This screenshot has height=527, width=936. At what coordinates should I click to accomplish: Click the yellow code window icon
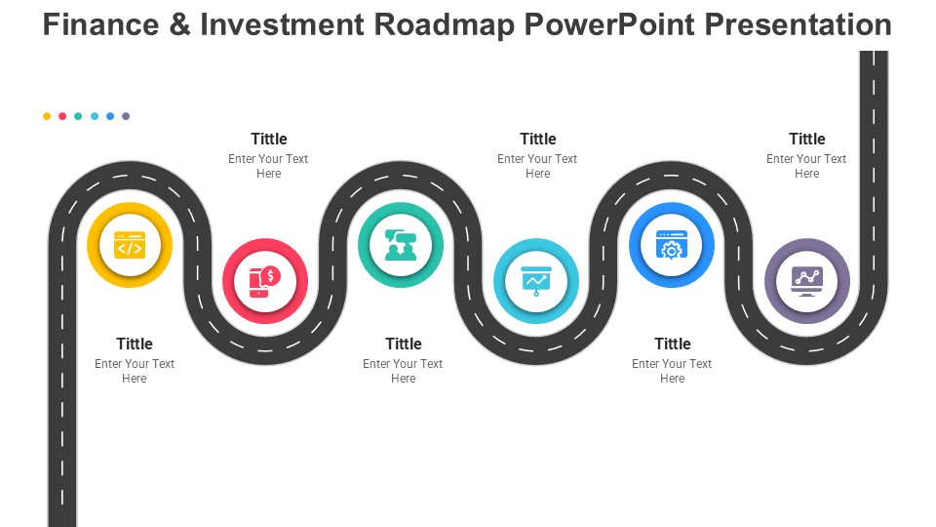(130, 245)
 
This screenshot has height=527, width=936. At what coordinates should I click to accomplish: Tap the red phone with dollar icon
(265, 281)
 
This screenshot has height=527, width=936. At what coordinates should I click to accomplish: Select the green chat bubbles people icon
(401, 245)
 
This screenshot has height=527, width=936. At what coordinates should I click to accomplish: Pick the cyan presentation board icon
(536, 281)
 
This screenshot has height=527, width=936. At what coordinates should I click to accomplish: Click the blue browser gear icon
(672, 245)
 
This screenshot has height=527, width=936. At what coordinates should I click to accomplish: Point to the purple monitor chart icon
(807, 281)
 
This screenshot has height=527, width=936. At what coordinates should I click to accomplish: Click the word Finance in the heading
(100, 25)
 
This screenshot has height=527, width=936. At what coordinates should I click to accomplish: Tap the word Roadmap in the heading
(445, 25)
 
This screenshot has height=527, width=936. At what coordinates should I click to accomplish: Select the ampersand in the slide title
(179, 25)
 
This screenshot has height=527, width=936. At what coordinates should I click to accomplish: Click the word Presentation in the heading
(799, 25)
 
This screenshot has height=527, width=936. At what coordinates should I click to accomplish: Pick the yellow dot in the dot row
(47, 116)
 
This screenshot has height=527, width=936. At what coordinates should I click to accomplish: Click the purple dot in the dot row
(126, 116)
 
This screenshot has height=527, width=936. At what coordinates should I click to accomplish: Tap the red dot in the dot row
(62, 116)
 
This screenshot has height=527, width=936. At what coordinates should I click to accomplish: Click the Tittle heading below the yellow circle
(135, 344)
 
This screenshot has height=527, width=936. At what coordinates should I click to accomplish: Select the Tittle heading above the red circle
(269, 139)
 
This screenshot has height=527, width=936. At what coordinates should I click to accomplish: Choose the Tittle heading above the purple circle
(807, 139)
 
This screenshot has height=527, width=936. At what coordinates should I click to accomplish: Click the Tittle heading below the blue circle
(673, 344)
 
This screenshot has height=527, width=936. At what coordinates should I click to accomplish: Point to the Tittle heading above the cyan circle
(538, 139)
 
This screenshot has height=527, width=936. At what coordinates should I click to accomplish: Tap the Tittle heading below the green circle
(404, 344)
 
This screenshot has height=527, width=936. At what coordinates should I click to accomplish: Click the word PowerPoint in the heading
(609, 25)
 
